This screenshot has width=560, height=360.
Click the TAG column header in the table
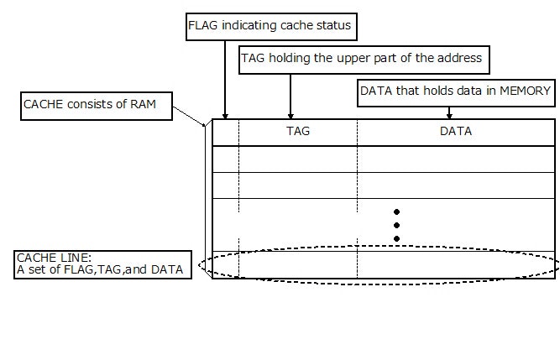[297, 132]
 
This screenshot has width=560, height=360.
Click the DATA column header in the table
[455, 132]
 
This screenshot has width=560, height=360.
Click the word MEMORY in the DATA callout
[526, 91]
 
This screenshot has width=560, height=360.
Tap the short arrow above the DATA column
[449, 112]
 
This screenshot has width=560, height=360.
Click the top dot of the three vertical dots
[396, 211]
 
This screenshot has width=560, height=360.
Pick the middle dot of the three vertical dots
[396, 225]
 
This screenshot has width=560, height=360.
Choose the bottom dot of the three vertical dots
[396, 238]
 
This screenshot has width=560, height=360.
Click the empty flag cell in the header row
[226, 133]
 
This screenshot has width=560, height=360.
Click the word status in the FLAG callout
[332, 26]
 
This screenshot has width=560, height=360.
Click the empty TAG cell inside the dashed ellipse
[297, 264]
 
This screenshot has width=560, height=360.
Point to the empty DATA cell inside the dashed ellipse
[455, 264]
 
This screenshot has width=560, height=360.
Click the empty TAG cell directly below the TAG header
[297, 159]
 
